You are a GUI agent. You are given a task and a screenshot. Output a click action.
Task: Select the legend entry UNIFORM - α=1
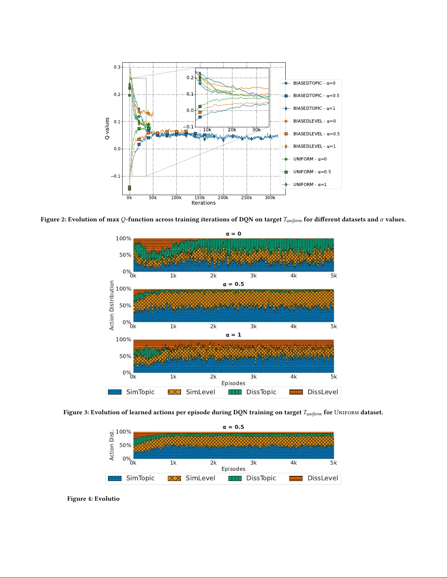coord(310,185)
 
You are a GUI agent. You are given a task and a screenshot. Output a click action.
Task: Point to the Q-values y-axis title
coord(107,128)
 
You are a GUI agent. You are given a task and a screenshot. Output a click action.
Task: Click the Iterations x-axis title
coord(203,203)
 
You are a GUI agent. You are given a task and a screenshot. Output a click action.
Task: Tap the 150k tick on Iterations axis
coord(200,198)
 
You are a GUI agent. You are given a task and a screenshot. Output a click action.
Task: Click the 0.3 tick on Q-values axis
coord(117,67)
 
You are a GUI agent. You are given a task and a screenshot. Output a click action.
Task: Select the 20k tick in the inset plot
coord(232,130)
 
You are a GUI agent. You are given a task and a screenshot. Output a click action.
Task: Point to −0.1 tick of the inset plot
coord(189,127)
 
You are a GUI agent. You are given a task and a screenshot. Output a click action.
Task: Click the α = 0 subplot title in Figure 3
coord(233,234)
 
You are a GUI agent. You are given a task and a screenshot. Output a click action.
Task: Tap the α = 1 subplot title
coord(233,335)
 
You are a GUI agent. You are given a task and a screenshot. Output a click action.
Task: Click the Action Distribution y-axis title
coord(112,305)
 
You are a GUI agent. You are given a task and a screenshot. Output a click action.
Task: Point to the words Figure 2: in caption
coord(53,220)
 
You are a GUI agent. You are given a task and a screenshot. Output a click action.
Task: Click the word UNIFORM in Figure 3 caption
coord(346,412)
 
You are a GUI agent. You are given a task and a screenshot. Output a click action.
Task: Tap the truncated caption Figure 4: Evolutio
coord(93,499)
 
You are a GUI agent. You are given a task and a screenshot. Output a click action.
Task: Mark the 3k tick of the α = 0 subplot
coord(253,276)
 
